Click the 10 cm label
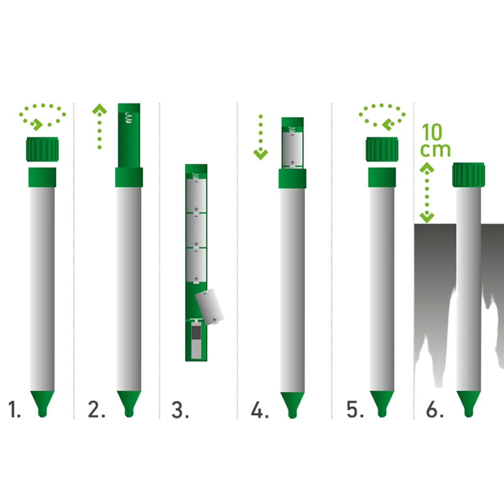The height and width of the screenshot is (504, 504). point(435,140)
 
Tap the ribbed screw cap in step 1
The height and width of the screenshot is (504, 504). point(42,149)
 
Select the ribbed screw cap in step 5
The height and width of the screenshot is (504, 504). point(382,149)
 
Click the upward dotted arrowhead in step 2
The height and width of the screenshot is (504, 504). point(100,109)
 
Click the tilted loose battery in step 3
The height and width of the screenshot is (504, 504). point(210,307)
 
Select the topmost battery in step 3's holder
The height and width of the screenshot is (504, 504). point(196,195)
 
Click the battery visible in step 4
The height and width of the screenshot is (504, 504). point(292,149)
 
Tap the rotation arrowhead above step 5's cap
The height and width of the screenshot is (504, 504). point(388,125)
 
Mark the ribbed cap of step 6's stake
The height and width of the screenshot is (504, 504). point(468,175)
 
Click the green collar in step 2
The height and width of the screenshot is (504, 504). point(129,177)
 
